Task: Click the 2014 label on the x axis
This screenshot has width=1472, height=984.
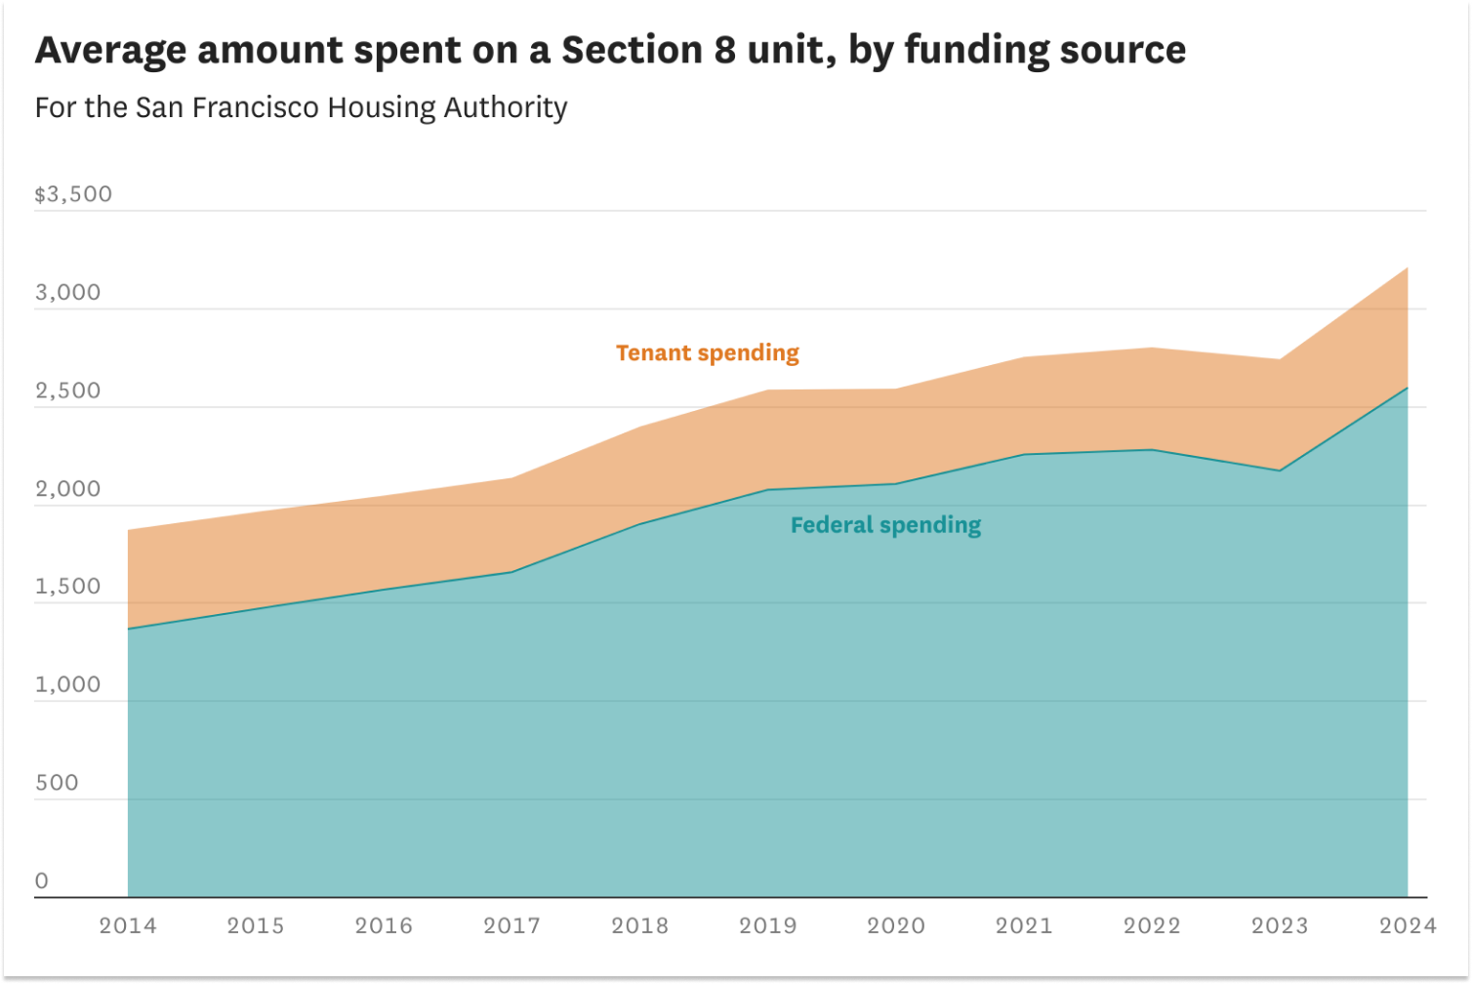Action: pos(128,925)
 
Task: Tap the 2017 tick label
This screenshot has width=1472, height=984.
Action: pos(511,925)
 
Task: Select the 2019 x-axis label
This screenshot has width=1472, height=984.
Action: pos(768,925)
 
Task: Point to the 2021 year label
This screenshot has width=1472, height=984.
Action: pos(1024,925)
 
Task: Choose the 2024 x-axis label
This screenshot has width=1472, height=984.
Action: pos(1408,925)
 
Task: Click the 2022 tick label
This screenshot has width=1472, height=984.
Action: pos(1152,925)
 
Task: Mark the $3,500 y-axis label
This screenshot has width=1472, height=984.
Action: pos(73,194)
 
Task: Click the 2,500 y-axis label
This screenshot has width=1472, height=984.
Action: pos(68,390)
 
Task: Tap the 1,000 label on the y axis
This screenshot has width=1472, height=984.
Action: pos(68,684)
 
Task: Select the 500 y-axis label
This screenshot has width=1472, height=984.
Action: pos(57,783)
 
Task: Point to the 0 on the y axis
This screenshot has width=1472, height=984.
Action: pos(42,881)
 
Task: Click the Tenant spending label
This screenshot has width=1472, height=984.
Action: pos(708,352)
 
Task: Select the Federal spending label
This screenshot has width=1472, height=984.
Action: pos(885,525)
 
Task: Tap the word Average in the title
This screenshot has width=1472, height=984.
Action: pos(110,50)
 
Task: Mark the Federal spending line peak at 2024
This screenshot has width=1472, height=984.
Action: pos(1408,388)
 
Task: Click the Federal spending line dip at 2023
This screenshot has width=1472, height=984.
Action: pos(1280,471)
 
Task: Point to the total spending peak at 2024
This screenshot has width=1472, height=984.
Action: pos(1408,267)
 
